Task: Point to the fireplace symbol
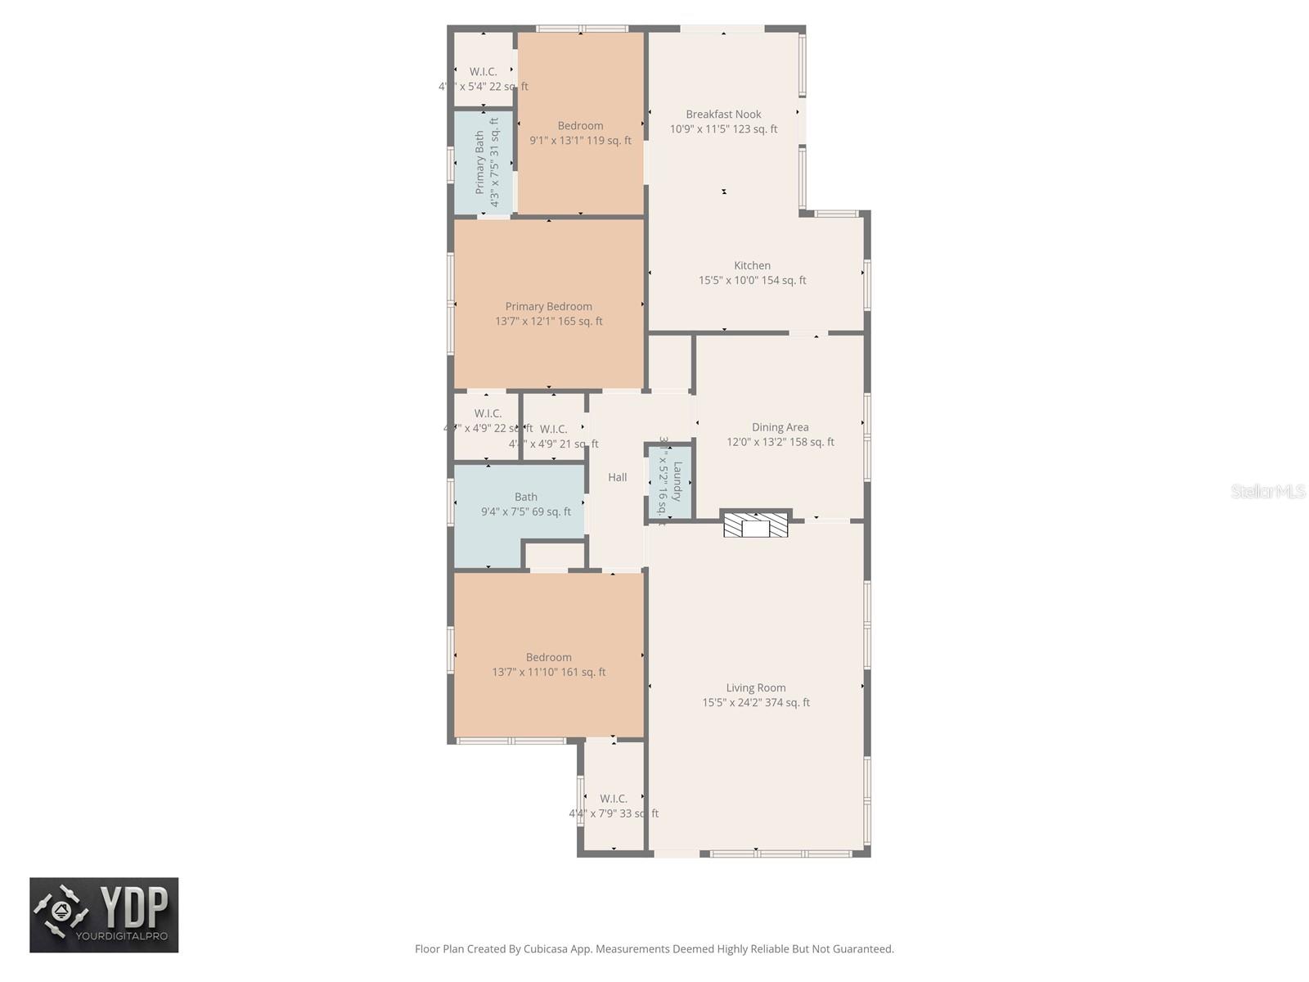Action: click(755, 525)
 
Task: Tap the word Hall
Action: click(618, 477)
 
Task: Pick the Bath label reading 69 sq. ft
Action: click(526, 504)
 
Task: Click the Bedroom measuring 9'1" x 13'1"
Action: click(580, 133)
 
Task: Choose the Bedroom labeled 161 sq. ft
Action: click(548, 664)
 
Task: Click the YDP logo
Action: click(104, 915)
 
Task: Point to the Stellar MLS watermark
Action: click(1267, 492)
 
